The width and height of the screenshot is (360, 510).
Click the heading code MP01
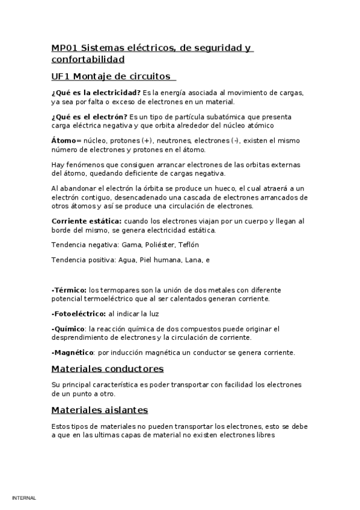click(64, 48)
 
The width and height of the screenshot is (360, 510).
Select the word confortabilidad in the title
click(88, 60)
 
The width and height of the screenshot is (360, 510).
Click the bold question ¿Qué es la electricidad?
click(96, 92)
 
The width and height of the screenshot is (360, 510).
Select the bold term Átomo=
click(66, 140)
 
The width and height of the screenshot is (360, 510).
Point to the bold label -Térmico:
click(69, 289)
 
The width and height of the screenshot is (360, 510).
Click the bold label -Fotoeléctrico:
click(79, 313)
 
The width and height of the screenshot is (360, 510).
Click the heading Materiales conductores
click(108, 369)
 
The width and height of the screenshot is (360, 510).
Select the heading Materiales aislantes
click(100, 410)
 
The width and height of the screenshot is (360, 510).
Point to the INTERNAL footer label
click(24, 498)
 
